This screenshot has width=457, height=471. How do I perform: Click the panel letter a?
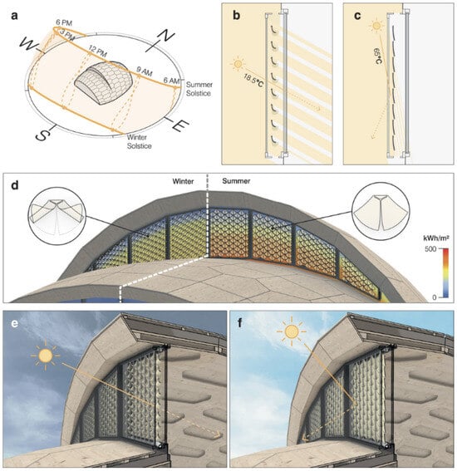14,16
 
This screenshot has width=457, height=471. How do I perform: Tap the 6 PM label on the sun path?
64,22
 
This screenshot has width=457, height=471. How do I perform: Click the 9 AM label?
145,71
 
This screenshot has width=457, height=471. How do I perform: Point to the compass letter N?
164,37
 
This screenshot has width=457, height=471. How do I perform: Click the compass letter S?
42,135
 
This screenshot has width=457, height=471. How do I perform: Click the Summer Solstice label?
199,89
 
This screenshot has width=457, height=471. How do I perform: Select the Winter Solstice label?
139,141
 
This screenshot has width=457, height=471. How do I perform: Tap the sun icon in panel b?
238,64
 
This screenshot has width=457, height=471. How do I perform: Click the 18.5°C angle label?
253,81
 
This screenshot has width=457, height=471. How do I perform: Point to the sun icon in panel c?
376,26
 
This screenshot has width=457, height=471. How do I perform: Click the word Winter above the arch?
183,181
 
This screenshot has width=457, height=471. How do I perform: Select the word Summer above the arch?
236,181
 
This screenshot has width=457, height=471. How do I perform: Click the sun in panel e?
46,356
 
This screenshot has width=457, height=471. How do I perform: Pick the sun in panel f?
292,331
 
